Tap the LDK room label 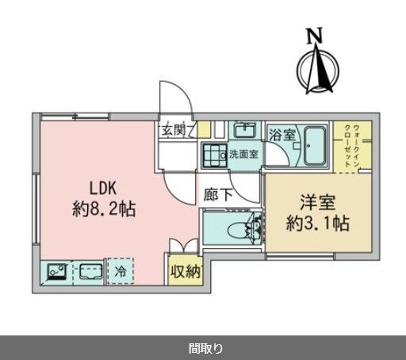coord(103,190)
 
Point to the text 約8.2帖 coord(103,210)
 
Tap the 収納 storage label coord(185,271)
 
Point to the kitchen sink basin coord(89,272)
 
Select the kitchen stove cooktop coord(55,272)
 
